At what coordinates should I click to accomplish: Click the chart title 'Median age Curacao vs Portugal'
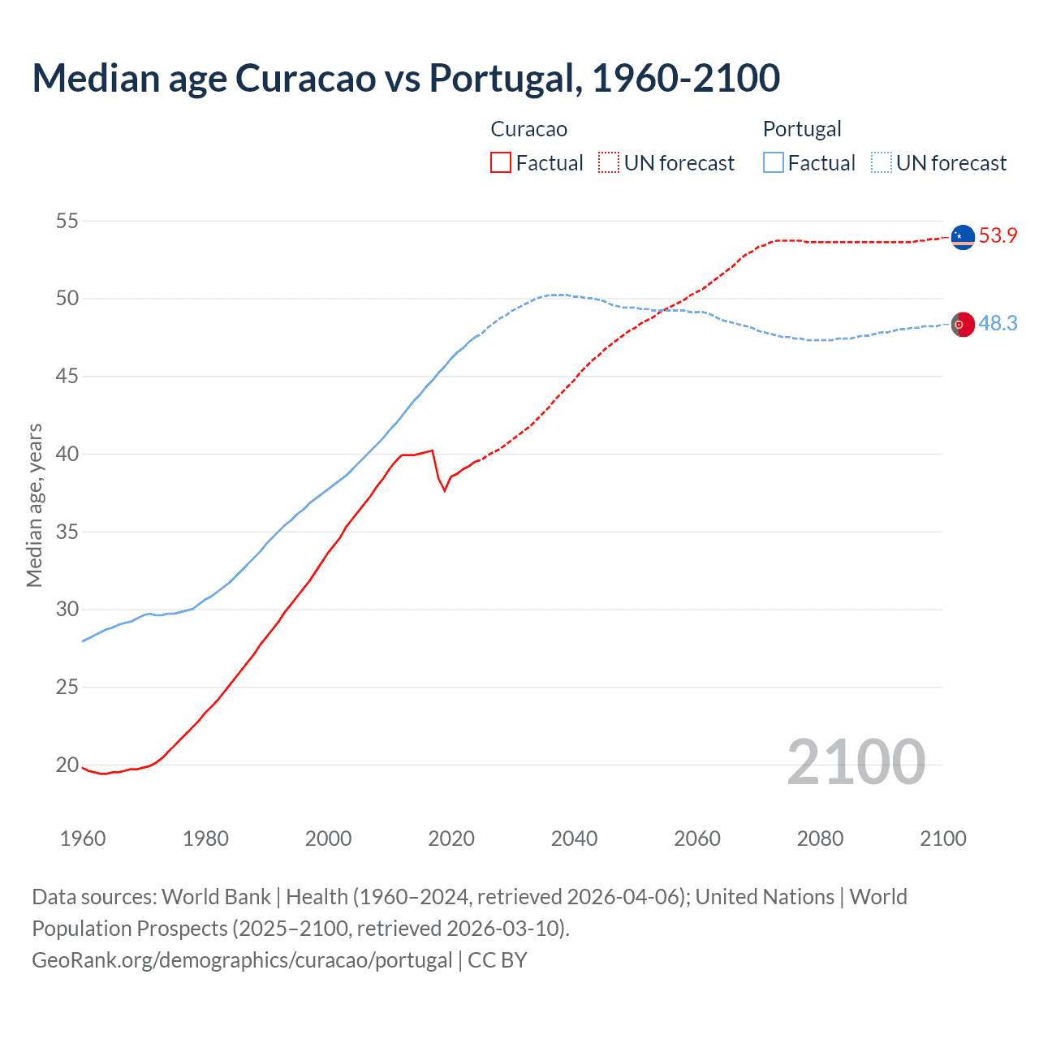point(406,78)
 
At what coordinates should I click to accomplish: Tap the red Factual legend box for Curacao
point(501,163)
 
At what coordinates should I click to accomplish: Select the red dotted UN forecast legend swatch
point(609,163)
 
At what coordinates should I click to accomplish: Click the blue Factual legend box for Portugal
point(774,163)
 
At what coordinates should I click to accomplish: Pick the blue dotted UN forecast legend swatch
point(882,163)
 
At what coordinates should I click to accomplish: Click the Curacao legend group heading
point(528,129)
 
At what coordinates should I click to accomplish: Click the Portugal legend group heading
point(801,129)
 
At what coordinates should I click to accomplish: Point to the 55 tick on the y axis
point(67,221)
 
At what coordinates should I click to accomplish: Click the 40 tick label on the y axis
point(67,454)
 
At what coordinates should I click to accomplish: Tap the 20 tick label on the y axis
point(67,765)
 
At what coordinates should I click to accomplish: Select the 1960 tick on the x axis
point(83,839)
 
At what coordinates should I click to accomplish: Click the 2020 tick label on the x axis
point(451,839)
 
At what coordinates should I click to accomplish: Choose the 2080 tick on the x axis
point(820,839)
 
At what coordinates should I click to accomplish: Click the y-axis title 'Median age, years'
point(34,505)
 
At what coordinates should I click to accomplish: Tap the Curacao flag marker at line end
point(963,237)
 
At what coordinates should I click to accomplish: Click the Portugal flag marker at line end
point(963,324)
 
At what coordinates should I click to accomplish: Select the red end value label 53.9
point(998,236)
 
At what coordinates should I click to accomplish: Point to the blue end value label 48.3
point(998,323)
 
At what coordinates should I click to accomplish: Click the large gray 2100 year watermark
point(856,761)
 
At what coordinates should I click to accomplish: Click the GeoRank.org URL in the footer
point(242,959)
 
